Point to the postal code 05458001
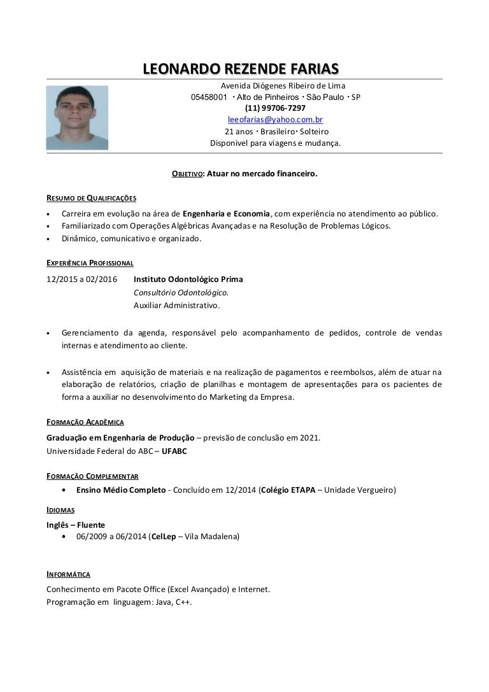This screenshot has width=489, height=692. pos(209,97)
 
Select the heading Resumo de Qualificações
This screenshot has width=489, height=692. pos(91,197)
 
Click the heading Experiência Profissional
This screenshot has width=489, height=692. pos(90,262)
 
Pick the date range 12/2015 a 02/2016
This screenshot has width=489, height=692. pos(82,279)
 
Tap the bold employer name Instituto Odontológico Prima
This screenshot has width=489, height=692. pos(188,279)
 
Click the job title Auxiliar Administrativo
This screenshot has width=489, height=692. pos(176,306)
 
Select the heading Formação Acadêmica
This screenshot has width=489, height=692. pos(85,422)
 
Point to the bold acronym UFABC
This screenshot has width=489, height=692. pos(174,451)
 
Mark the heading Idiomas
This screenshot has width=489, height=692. pos(60,510)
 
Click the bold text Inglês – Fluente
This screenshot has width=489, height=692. pos(76,525)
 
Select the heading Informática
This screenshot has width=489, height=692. pos(68,574)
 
